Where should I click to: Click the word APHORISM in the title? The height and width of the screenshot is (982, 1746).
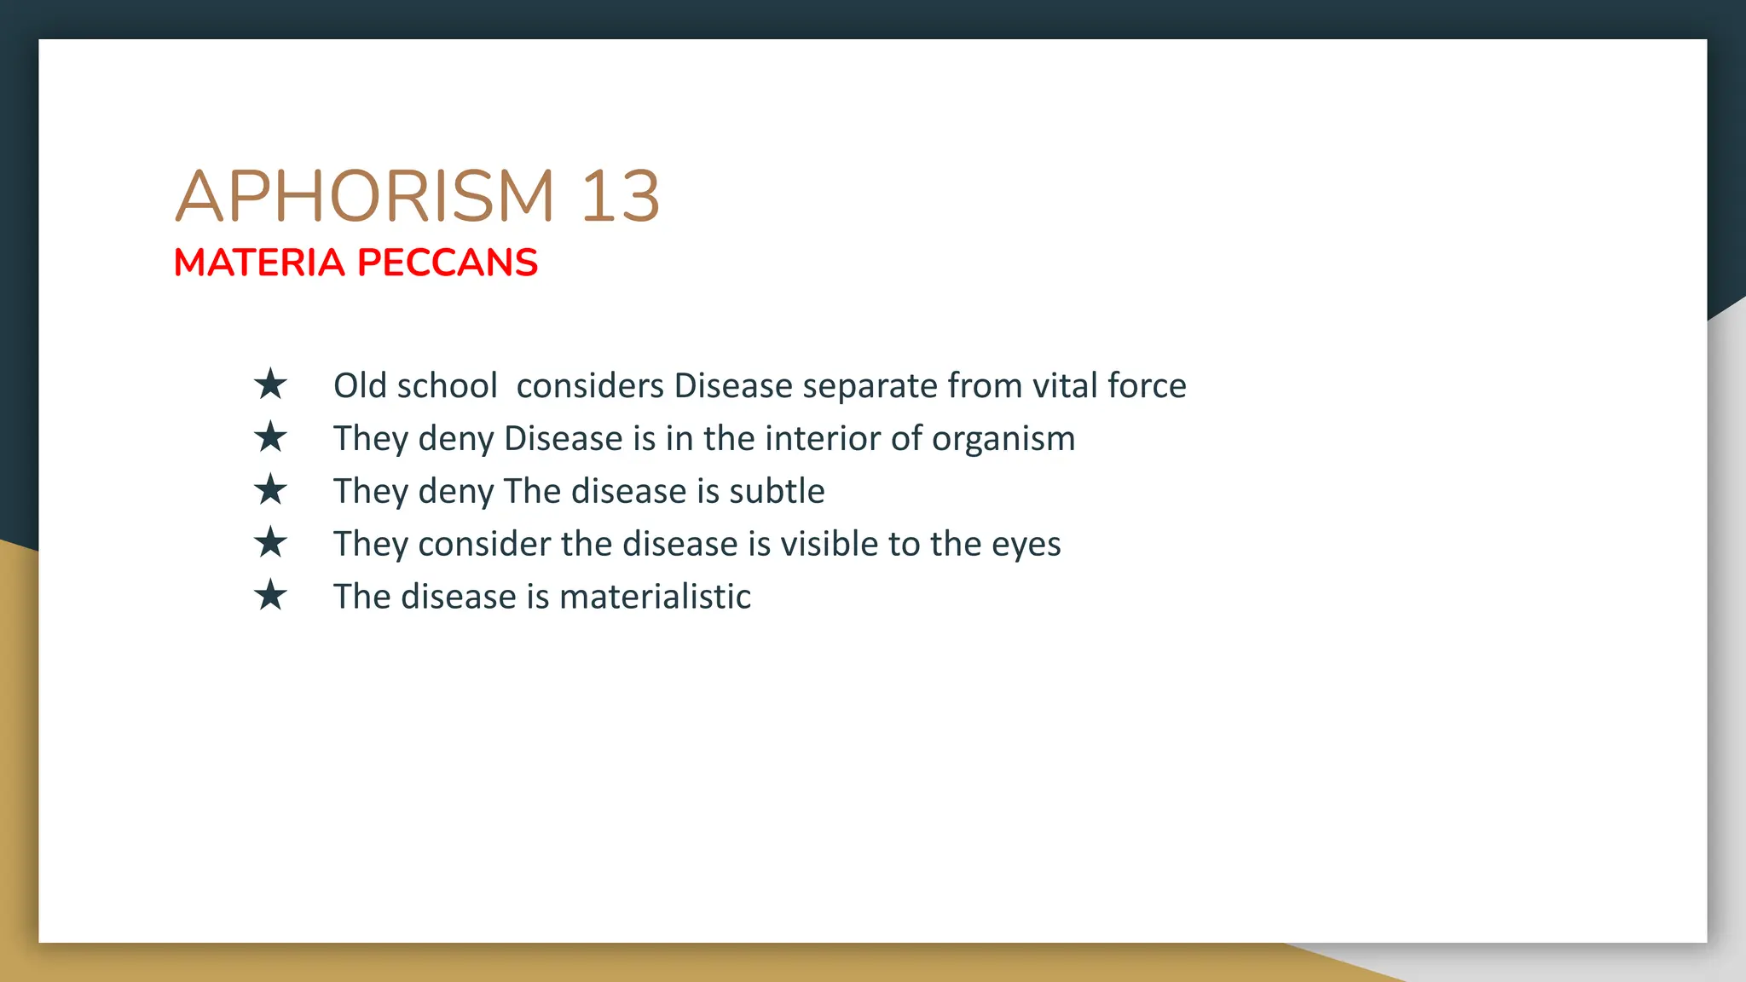[365, 196]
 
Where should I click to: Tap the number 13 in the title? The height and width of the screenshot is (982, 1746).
[620, 196]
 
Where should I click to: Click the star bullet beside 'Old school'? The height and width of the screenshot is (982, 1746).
[270, 384]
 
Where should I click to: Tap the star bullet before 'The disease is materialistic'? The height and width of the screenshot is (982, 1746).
[270, 595]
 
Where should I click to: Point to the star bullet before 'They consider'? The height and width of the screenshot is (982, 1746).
[270, 542]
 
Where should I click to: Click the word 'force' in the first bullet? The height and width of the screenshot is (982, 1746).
[1147, 386]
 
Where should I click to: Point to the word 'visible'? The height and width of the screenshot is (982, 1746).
[829, 544]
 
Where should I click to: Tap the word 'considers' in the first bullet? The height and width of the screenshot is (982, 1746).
[590, 386]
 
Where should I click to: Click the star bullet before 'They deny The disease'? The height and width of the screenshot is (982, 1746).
[270, 490]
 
